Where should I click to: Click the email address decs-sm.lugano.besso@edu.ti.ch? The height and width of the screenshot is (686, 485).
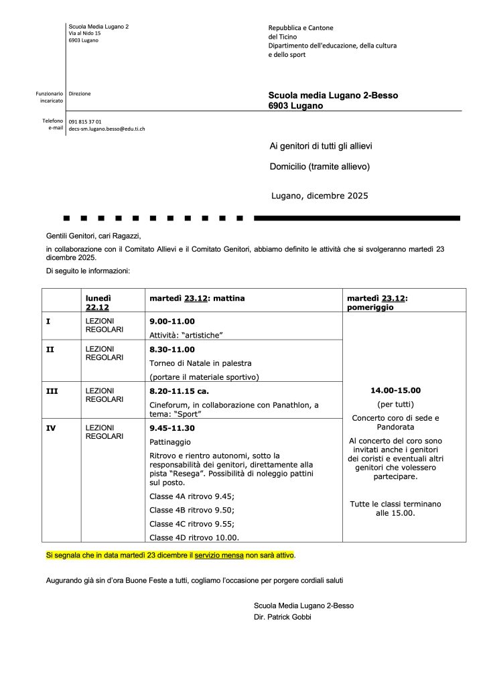[107, 128]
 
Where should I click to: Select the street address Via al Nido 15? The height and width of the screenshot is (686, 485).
[84, 32]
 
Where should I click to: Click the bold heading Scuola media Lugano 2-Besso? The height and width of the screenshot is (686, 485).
[333, 95]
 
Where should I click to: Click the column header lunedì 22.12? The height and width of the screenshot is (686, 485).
[98, 302]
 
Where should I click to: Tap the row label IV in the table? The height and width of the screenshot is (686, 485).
[50, 426]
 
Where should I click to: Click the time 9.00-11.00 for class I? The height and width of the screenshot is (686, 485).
[172, 322]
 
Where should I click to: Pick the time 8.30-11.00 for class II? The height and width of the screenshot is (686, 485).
[172, 349]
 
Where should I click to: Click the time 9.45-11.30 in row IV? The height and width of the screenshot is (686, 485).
[172, 428]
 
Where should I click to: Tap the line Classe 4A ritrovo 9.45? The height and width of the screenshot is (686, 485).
[192, 496]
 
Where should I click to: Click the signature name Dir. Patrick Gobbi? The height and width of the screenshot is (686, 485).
[282, 617]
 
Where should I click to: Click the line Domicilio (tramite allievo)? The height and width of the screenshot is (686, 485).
[320, 166]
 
